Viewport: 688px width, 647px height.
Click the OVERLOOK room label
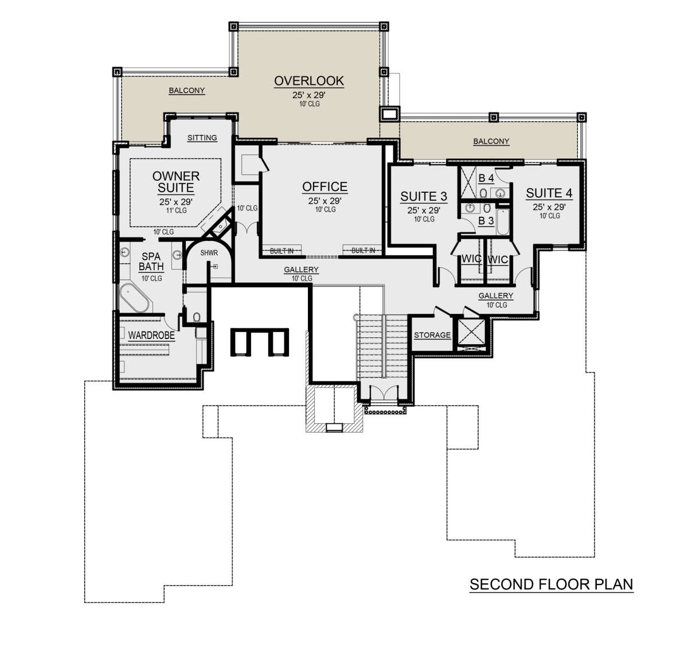(x=308, y=81)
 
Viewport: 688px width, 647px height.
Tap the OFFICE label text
(x=325, y=187)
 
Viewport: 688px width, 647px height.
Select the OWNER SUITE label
(x=176, y=182)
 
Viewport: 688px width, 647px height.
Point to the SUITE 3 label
(x=424, y=197)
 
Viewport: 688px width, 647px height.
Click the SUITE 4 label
(x=549, y=193)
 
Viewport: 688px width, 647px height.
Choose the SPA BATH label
(x=151, y=262)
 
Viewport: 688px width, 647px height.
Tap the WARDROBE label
(x=151, y=336)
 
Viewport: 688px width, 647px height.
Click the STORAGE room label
(x=432, y=335)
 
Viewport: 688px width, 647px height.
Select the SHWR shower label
(x=209, y=253)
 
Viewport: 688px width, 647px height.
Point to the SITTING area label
(x=202, y=138)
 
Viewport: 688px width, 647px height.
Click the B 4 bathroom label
(x=486, y=178)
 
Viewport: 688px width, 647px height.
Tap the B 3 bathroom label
(x=486, y=221)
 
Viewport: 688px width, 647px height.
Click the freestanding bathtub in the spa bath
(x=134, y=298)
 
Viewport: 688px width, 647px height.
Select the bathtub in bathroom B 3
(x=502, y=221)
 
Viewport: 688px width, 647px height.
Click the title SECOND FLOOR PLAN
(x=551, y=584)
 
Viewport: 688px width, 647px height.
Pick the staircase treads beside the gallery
(x=382, y=346)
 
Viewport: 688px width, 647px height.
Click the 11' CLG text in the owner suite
(x=177, y=211)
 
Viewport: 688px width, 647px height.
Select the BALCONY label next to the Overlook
(x=187, y=91)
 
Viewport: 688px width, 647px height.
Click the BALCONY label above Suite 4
(x=491, y=142)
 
